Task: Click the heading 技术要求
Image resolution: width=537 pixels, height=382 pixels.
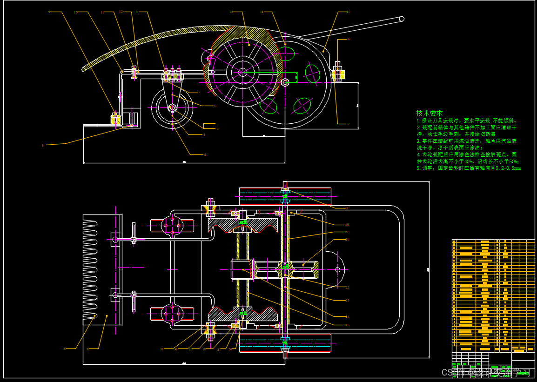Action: coord(429,113)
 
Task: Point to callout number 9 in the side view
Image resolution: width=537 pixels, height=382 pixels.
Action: coord(49,12)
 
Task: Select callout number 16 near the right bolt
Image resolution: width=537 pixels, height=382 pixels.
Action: coord(348,40)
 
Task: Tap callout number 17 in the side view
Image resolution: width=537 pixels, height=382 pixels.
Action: coord(348,124)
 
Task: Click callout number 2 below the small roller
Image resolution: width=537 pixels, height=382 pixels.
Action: coord(205,154)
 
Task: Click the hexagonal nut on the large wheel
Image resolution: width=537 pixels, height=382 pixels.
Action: coord(286,82)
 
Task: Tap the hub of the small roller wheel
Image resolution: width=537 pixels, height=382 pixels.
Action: coord(172,108)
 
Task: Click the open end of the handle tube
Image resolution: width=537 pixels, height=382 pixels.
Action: coord(401,19)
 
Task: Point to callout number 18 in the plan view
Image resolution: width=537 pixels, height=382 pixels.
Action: coord(347,208)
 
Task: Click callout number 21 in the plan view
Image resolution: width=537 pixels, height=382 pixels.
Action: coord(347,239)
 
